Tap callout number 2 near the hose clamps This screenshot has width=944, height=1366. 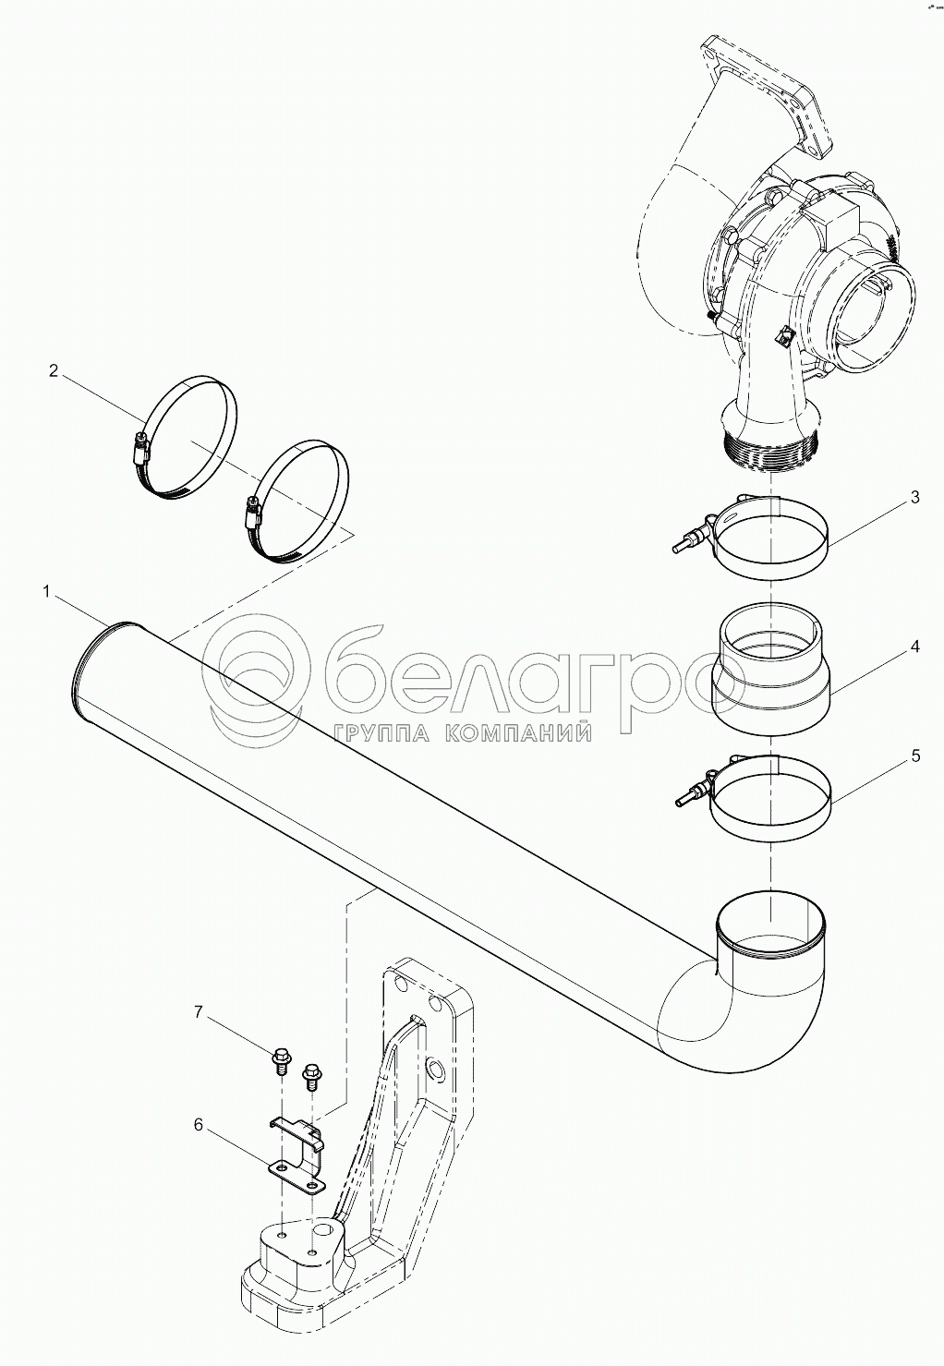pos(54,370)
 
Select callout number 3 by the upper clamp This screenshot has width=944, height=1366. pos(914,497)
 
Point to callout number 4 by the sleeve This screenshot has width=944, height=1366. pos(915,647)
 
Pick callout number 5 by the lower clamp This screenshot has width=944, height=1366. pos(915,756)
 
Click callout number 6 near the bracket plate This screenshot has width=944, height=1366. pos(199,1125)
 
